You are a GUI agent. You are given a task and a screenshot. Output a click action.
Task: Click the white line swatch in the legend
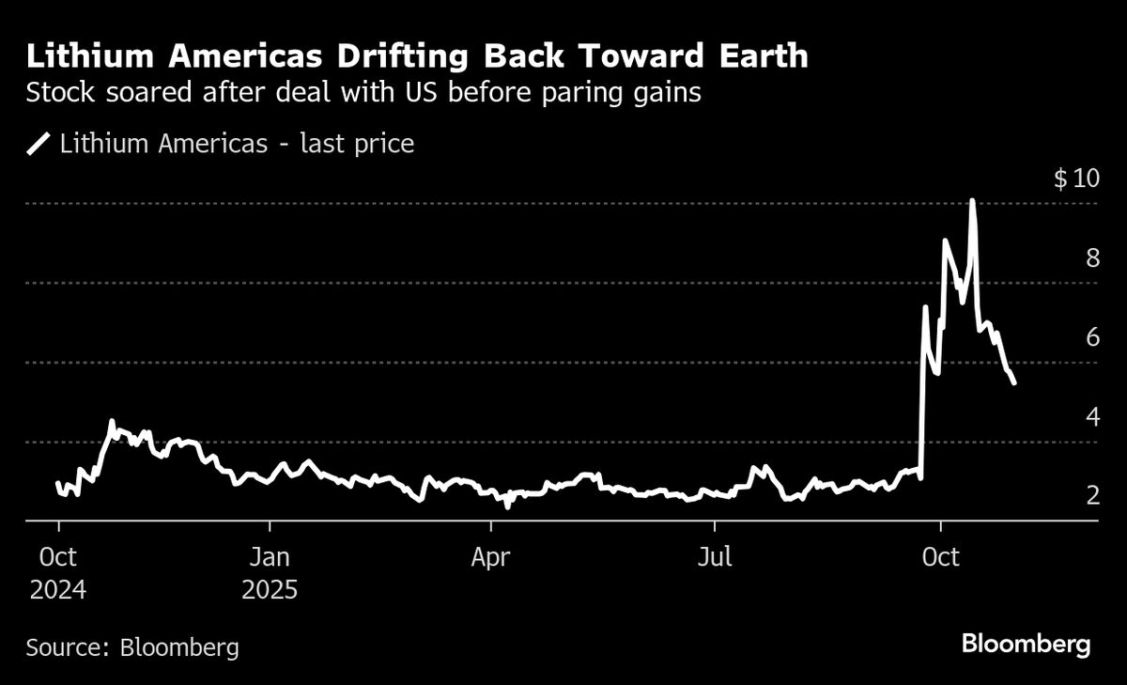(x=39, y=145)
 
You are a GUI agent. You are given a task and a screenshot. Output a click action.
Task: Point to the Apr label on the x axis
(x=490, y=557)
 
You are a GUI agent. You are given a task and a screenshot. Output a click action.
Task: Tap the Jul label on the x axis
(x=715, y=557)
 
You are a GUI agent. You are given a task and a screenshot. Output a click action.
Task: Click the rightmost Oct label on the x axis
(x=941, y=557)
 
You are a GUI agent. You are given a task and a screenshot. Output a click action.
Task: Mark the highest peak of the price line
(x=972, y=200)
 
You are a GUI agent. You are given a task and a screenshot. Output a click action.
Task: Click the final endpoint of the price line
(x=1013, y=382)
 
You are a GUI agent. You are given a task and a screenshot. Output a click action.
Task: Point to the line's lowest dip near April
(x=507, y=506)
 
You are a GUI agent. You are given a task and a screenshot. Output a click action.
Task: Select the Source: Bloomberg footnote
(x=132, y=647)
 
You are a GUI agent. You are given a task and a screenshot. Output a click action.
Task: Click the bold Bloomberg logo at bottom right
(x=1026, y=645)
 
